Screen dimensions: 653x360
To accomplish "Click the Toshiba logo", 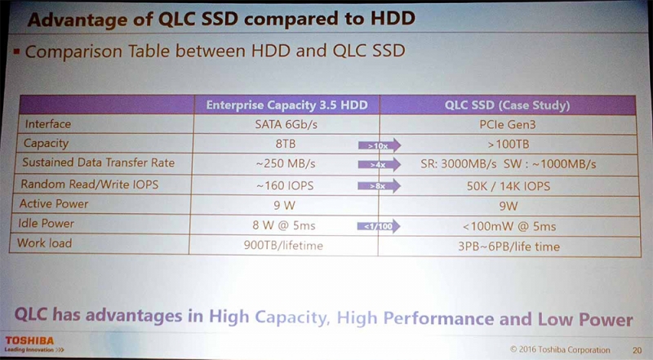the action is point(29,341).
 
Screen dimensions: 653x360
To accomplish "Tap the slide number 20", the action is point(637,350).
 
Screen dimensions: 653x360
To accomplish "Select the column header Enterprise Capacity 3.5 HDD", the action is point(287,105).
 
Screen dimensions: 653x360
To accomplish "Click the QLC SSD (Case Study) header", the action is point(507,105).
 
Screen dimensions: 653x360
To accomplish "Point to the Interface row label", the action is point(48,124).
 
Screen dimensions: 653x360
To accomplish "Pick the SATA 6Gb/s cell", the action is point(287,124).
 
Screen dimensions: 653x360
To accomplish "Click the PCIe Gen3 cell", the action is point(507,125).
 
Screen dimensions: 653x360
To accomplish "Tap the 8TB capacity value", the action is point(286,144).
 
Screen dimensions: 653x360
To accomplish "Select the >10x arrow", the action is point(380,145).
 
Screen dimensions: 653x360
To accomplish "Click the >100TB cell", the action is point(508,144).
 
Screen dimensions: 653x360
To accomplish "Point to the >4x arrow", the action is point(380,165).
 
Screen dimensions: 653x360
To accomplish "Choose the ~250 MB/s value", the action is point(286,163).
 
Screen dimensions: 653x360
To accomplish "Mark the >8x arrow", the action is point(379,186).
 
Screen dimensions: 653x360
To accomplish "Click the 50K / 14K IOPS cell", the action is point(508,186).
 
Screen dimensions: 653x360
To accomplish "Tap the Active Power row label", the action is point(54,203).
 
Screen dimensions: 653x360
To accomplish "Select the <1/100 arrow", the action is point(379,226).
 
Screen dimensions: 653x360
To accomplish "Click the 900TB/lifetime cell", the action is point(283,246).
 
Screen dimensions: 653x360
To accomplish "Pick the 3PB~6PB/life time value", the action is point(509,247).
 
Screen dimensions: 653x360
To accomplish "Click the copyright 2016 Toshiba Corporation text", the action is point(560,349).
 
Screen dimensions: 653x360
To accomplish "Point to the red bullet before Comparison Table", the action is point(16,51).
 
